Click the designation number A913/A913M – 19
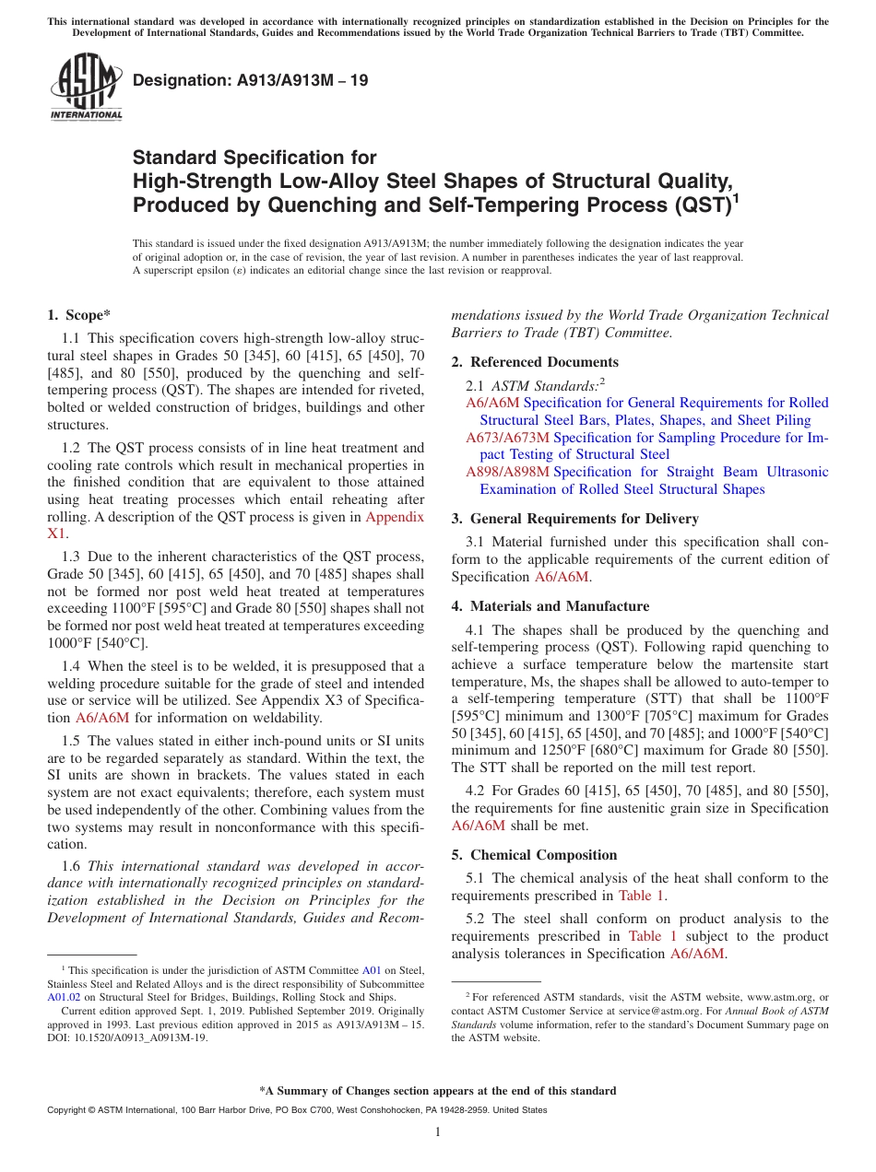tap(250, 81)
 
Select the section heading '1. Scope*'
tap(79, 315)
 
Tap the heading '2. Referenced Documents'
tap(535, 362)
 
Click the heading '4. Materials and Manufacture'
tap(550, 606)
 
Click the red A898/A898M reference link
tap(507, 472)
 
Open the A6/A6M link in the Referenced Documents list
tap(492, 404)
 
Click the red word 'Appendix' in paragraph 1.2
tap(395, 517)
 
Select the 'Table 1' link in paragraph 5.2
tap(652, 936)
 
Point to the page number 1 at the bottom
tap(438, 1132)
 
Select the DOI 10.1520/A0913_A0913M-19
tap(136, 1037)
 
